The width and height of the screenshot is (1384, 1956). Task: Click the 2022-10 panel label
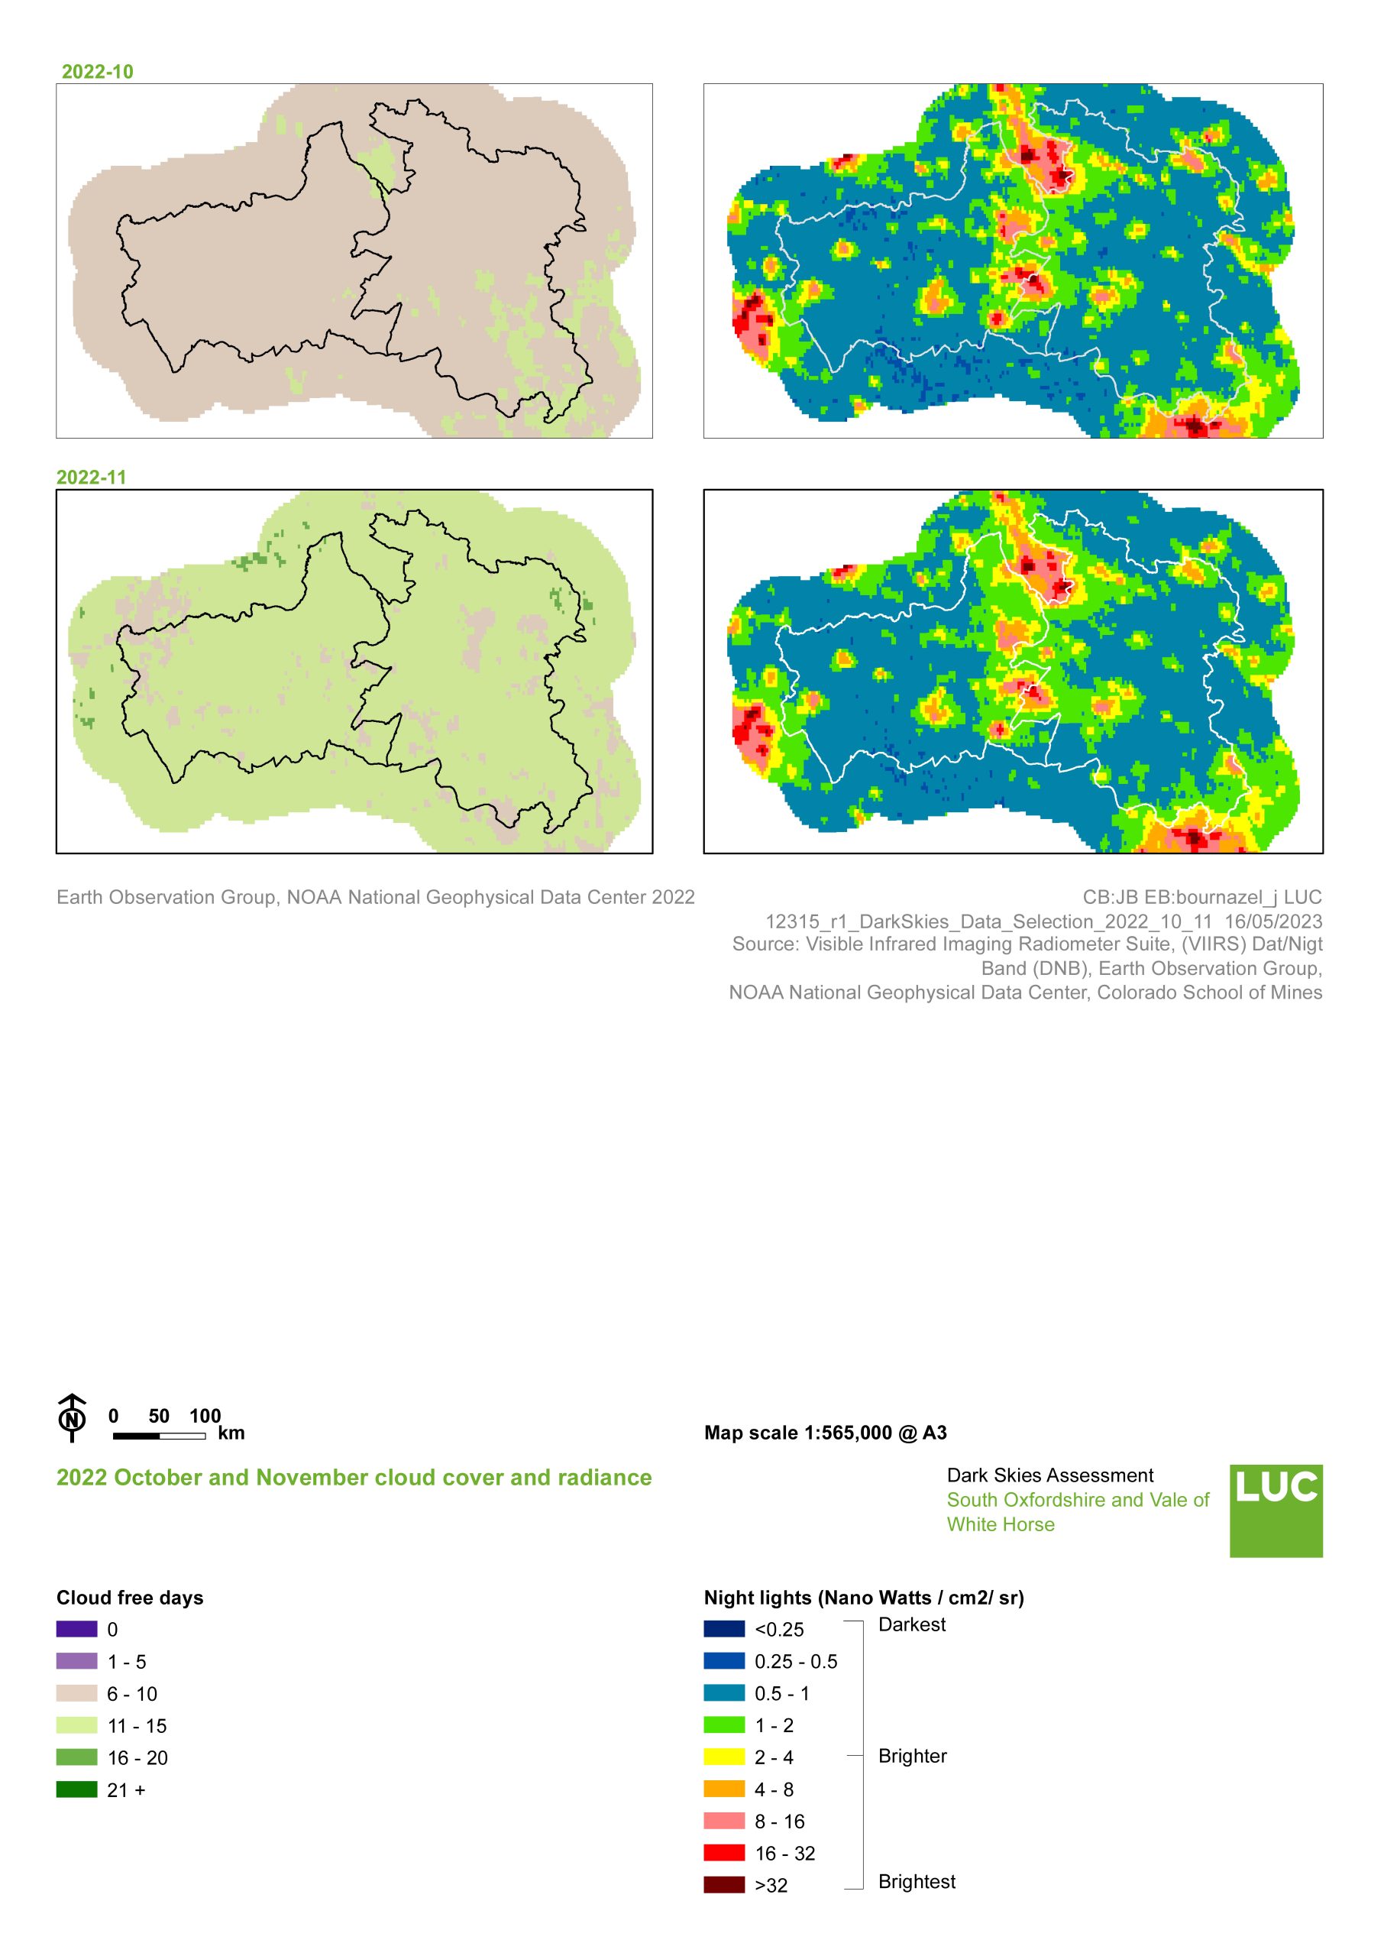tap(97, 72)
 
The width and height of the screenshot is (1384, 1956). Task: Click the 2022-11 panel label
tap(91, 478)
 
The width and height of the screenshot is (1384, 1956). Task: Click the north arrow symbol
tap(73, 1418)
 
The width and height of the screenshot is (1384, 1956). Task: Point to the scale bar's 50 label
tap(159, 1416)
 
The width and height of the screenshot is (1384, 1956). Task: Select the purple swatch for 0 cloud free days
tap(76, 1629)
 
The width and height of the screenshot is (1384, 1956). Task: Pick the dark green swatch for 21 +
tap(76, 1789)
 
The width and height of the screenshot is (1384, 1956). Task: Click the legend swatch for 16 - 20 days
tap(76, 1757)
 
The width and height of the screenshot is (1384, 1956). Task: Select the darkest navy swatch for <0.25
tap(723, 1629)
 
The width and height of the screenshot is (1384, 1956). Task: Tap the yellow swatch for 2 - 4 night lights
tap(723, 1757)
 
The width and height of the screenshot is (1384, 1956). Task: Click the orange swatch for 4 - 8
tap(723, 1789)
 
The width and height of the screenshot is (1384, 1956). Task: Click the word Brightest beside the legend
tap(916, 1881)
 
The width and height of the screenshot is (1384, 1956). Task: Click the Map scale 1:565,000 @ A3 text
tap(825, 1433)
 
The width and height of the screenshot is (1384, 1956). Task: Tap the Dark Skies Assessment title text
tap(1049, 1475)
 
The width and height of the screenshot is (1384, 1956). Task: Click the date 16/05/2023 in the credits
tap(1273, 921)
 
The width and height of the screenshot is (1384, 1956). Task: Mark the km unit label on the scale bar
tap(231, 1433)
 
